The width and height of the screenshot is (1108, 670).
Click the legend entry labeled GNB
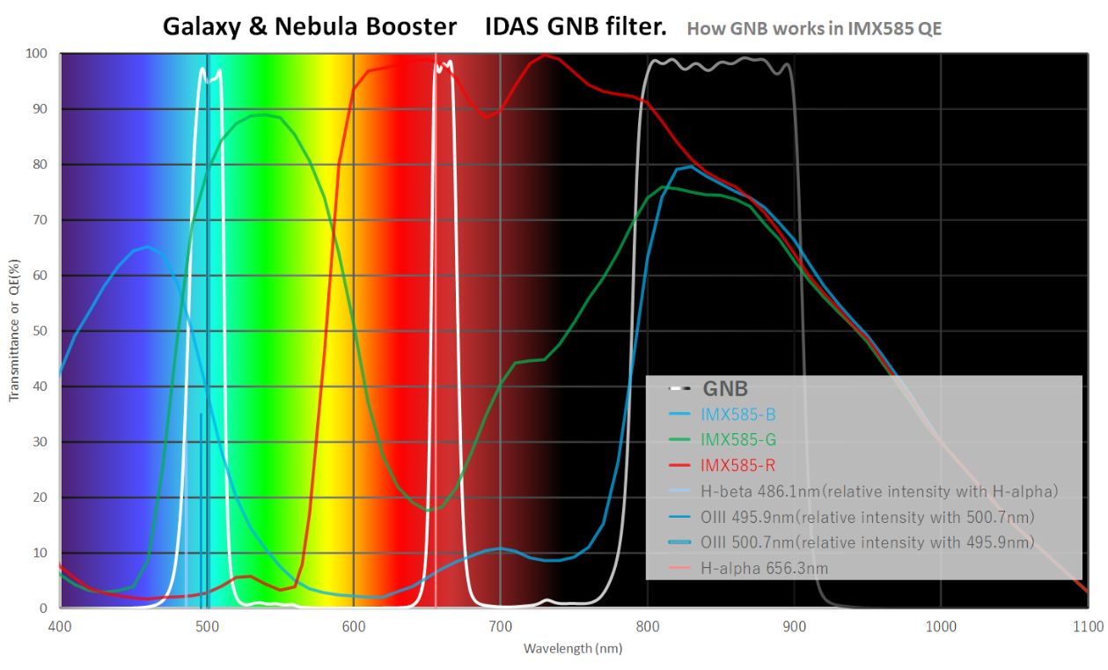tap(724, 388)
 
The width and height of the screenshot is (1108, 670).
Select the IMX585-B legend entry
tap(737, 414)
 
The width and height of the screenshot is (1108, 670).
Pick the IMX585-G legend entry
tap(738, 439)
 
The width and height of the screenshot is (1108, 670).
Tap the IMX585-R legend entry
tap(737, 465)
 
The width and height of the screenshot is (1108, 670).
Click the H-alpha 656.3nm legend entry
tap(764, 569)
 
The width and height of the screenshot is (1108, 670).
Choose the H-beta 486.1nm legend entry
tap(878, 490)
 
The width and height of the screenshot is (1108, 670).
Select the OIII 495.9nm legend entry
tap(867, 517)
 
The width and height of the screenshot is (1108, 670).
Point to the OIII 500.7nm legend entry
tap(867, 542)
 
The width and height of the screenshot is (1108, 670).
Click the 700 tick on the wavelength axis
tap(500, 626)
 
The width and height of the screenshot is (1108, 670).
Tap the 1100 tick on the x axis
tap(1088, 626)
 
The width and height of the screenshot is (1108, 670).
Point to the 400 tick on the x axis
tap(60, 626)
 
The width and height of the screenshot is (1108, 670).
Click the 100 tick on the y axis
tap(36, 54)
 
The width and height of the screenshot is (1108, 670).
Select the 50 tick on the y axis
tap(40, 331)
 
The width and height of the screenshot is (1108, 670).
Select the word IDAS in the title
tap(513, 26)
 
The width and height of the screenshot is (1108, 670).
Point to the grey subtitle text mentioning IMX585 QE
tap(814, 28)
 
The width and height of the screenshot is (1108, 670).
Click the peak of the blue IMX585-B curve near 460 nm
tap(148, 247)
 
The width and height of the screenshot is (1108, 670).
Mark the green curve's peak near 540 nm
tap(264, 114)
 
